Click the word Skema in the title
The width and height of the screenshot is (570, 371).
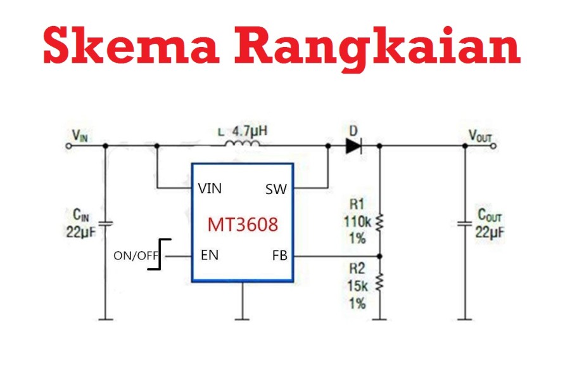point(131,45)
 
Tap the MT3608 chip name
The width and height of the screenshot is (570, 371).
point(243,225)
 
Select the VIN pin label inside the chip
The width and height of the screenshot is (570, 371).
point(210,188)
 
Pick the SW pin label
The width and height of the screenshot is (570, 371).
point(276,190)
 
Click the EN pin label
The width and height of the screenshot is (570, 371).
point(210,255)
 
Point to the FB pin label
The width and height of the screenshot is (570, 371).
point(279,256)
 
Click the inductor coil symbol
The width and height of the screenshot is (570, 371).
point(242,143)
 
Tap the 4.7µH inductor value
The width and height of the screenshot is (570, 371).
point(250,131)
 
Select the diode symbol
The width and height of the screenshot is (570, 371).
point(353,146)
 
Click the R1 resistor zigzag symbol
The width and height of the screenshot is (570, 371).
point(379,222)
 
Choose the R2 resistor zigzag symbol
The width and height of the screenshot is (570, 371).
point(379,282)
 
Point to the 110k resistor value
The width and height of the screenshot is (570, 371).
point(357,221)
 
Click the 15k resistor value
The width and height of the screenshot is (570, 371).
point(358,286)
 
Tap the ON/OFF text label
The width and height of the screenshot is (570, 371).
point(136,256)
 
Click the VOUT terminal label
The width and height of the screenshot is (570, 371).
point(480,136)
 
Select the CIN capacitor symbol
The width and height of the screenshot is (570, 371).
point(105,223)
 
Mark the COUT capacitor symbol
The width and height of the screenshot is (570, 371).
point(465,223)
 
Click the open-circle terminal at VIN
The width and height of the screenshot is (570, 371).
point(68,146)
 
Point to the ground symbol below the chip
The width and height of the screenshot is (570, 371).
point(242,319)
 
